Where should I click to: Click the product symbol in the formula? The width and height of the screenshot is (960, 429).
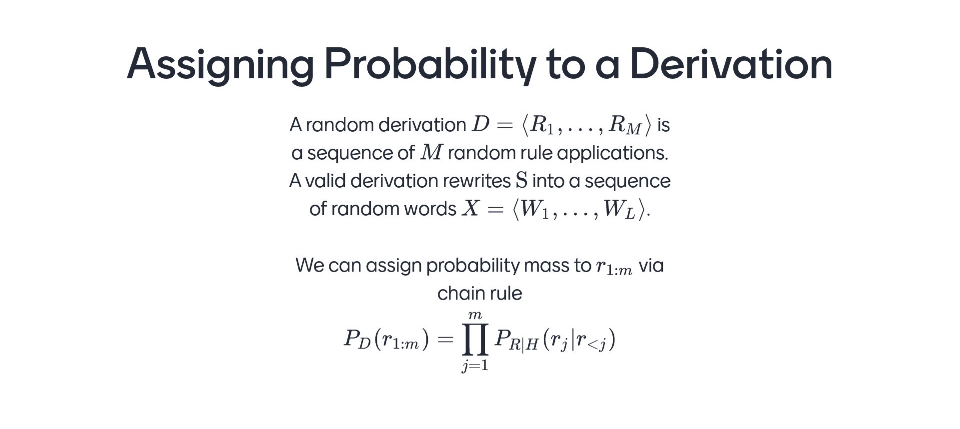(x=475, y=339)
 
